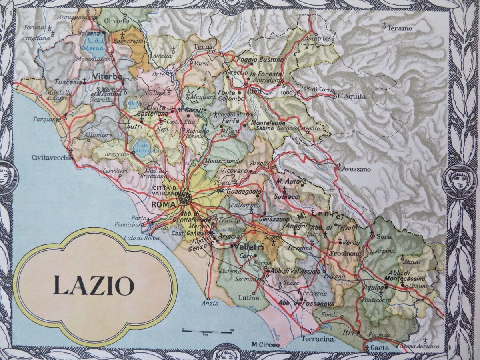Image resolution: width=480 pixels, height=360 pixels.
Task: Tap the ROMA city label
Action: (164, 205)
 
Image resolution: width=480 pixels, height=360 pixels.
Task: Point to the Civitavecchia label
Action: (52, 158)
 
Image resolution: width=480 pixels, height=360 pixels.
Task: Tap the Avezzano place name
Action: (356, 169)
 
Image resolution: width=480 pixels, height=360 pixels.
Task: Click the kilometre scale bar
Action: (207, 331)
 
